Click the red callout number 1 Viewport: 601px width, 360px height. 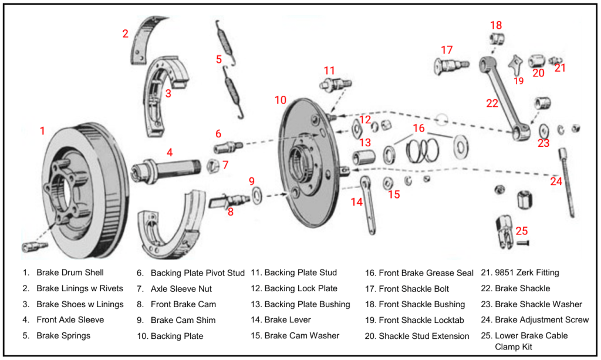(x=42, y=131)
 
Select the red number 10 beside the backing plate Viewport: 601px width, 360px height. (x=281, y=100)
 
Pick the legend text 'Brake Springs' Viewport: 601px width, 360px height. (x=63, y=336)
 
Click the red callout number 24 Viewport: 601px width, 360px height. (x=556, y=181)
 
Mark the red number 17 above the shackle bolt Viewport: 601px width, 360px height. (x=447, y=50)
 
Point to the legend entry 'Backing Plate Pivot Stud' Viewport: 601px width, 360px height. (x=197, y=273)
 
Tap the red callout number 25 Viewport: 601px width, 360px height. (x=522, y=231)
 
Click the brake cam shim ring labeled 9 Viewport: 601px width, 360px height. (x=257, y=194)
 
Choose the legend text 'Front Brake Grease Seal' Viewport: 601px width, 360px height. (x=426, y=273)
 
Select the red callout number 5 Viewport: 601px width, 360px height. (x=219, y=59)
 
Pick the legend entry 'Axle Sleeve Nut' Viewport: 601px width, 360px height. (x=181, y=289)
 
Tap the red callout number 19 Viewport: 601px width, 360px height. (x=518, y=80)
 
